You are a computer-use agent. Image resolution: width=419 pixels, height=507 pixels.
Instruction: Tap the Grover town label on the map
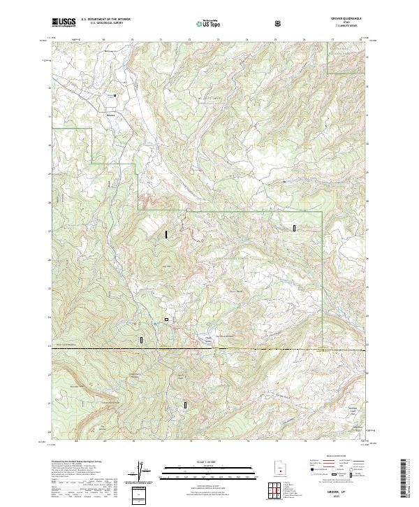pyautogui.click(x=110, y=110)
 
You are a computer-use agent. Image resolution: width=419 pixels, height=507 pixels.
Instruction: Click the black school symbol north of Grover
pyautogui.click(x=115, y=95)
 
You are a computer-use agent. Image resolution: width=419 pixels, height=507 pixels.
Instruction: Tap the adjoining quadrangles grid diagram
pyautogui.click(x=279, y=491)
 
